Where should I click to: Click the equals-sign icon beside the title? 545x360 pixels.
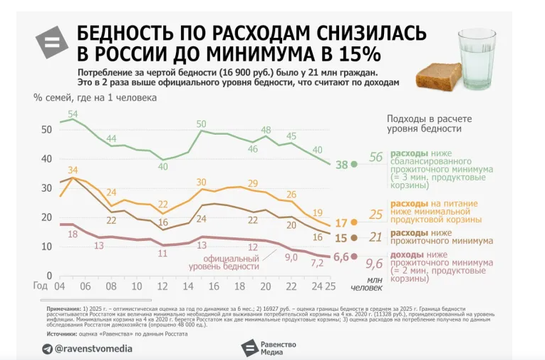click(52, 42)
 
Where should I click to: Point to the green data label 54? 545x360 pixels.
click(73, 113)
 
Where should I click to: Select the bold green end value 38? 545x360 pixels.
click(342, 165)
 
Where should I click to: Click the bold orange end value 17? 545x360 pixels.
click(342, 223)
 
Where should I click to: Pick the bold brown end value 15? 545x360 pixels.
click(342, 238)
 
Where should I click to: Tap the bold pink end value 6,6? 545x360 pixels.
click(341, 256)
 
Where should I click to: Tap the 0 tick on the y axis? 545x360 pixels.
click(49, 276)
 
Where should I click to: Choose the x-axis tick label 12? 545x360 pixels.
click(163, 287)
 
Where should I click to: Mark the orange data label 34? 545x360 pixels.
click(73, 170)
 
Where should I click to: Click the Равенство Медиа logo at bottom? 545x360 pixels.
click(269, 347)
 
